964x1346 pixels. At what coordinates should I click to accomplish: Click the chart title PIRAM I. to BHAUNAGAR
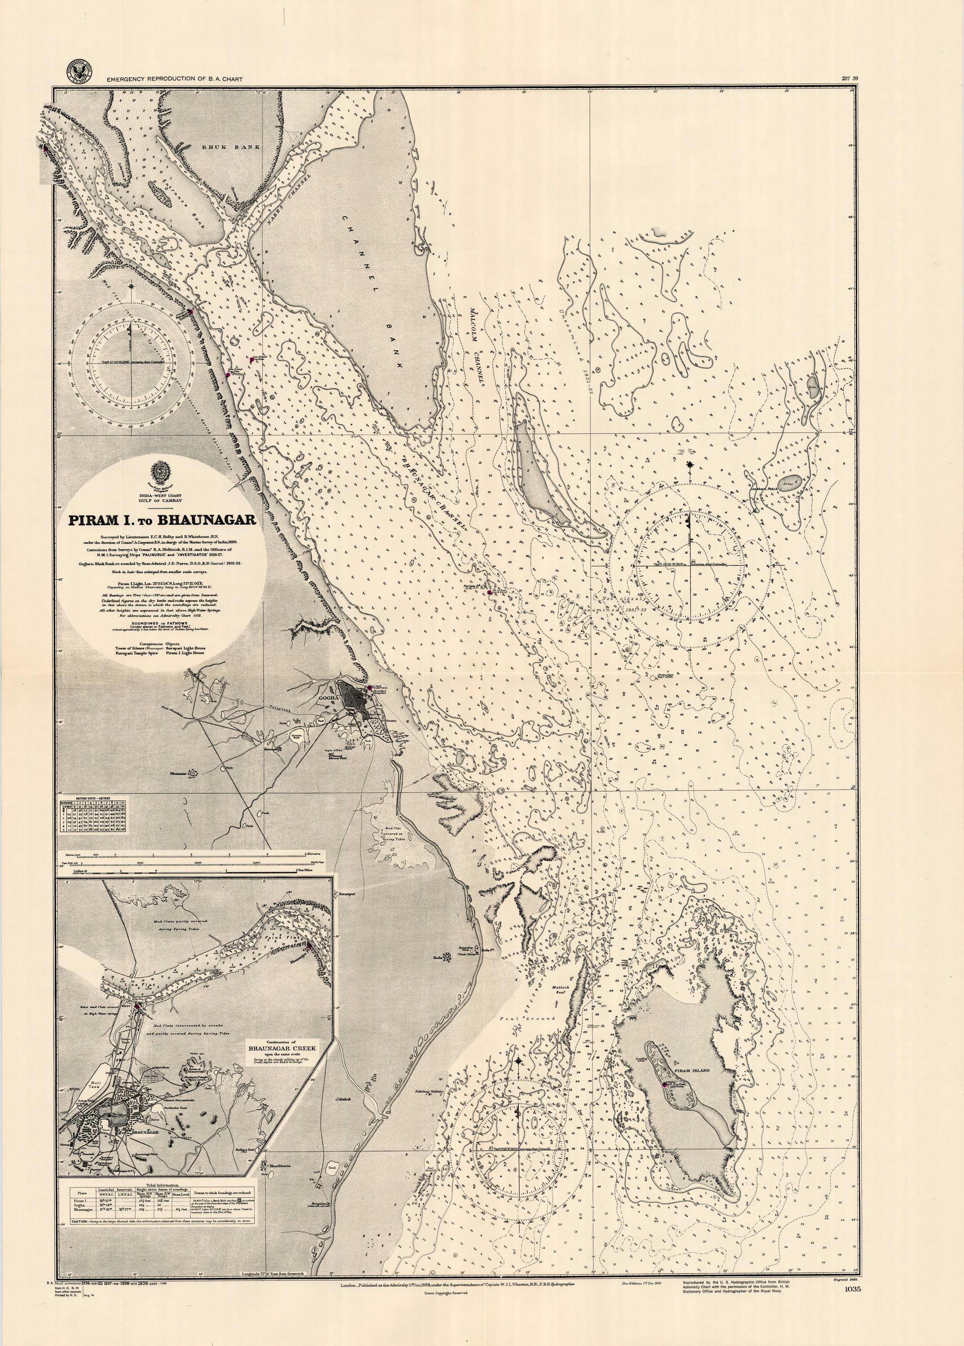(x=162, y=520)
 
